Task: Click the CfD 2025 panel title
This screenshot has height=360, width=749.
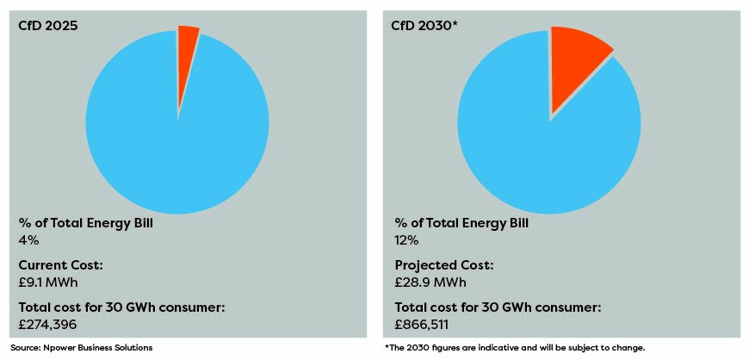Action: coord(48,26)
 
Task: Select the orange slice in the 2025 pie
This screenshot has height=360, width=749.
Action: coord(187,43)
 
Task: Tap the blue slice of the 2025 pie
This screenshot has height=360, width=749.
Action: coord(176,138)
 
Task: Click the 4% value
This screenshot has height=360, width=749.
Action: coord(28,240)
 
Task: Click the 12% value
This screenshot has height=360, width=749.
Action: coord(407,240)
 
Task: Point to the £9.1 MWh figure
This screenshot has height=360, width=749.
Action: coord(50,282)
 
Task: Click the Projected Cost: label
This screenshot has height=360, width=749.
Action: coord(443,265)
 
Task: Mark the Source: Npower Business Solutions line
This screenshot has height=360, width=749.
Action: coord(81,348)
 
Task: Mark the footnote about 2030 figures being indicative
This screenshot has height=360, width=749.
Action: coord(514,348)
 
